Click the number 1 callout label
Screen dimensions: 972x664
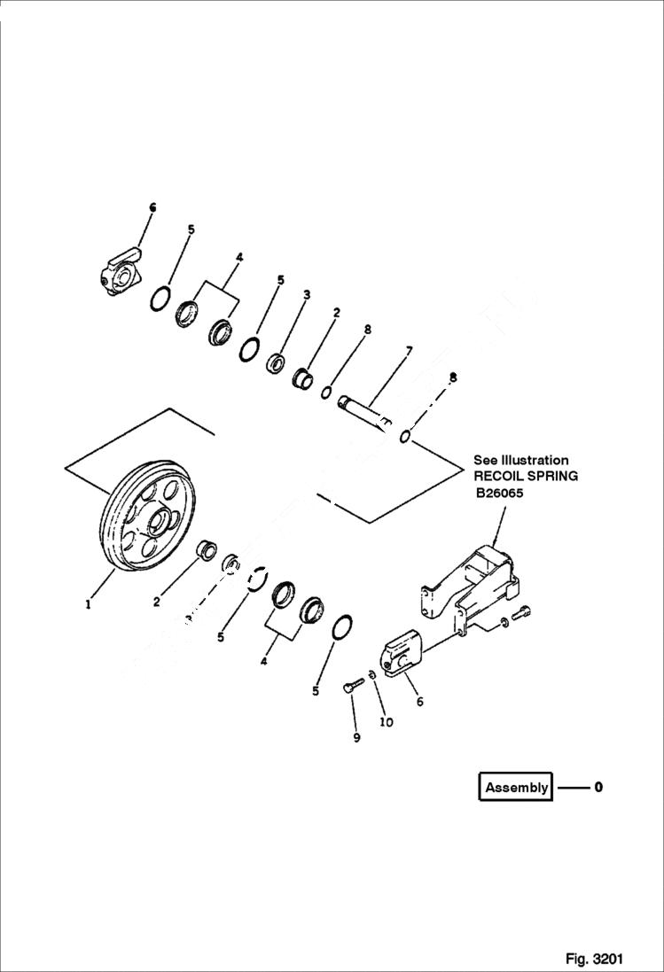pos(88,605)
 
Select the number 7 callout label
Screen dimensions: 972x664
pos(408,351)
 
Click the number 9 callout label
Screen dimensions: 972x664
pos(356,737)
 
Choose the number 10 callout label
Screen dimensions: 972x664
pos(387,722)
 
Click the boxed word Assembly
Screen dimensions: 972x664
pos(517,787)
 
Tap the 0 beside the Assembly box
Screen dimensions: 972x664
pos(598,786)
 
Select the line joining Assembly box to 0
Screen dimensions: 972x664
pos(572,787)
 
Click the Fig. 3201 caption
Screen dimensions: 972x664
pos(594,959)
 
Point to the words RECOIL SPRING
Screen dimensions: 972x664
pos(526,476)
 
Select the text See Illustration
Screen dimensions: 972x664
pos(520,460)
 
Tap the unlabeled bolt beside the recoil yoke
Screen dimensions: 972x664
pos(525,610)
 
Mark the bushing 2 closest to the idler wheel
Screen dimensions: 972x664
pos(206,548)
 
